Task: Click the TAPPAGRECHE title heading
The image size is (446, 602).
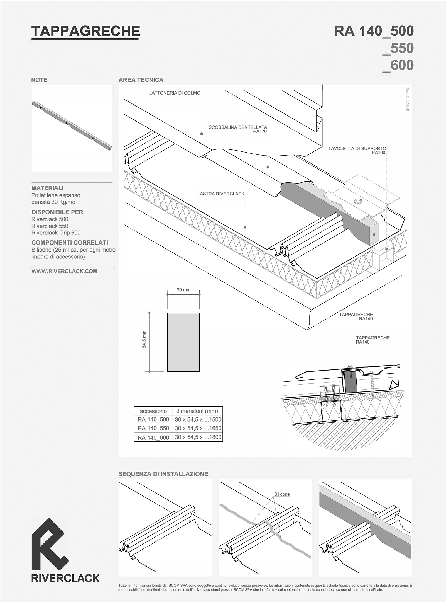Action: pyautogui.click(x=85, y=31)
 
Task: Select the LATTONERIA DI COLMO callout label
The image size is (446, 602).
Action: pyautogui.click(x=175, y=93)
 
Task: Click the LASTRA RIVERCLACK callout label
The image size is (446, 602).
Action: pyautogui.click(x=221, y=194)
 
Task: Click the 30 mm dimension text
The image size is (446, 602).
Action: pyautogui.click(x=183, y=290)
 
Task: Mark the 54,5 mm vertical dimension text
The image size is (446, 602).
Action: pyautogui.click(x=144, y=339)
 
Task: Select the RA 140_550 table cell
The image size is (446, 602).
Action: pyautogui.click(x=153, y=429)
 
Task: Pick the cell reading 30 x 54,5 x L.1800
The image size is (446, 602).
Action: pyautogui.click(x=198, y=437)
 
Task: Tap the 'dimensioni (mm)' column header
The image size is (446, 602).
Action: pyautogui.click(x=197, y=411)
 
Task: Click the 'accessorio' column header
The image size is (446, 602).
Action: pyautogui.click(x=153, y=411)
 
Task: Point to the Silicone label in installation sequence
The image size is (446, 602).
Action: pyautogui.click(x=282, y=494)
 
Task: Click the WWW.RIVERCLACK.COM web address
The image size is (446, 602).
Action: pyautogui.click(x=64, y=271)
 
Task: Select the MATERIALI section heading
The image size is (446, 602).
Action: pyautogui.click(x=47, y=188)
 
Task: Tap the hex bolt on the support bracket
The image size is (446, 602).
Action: pyautogui.click(x=357, y=201)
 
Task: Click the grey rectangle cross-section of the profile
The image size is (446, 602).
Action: pyautogui.click(x=183, y=342)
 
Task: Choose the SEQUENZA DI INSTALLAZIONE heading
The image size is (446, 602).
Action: pyautogui.click(x=163, y=474)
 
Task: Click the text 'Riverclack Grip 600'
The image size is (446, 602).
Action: pyautogui.click(x=56, y=233)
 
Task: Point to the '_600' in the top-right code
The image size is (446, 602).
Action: pyautogui.click(x=398, y=66)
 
